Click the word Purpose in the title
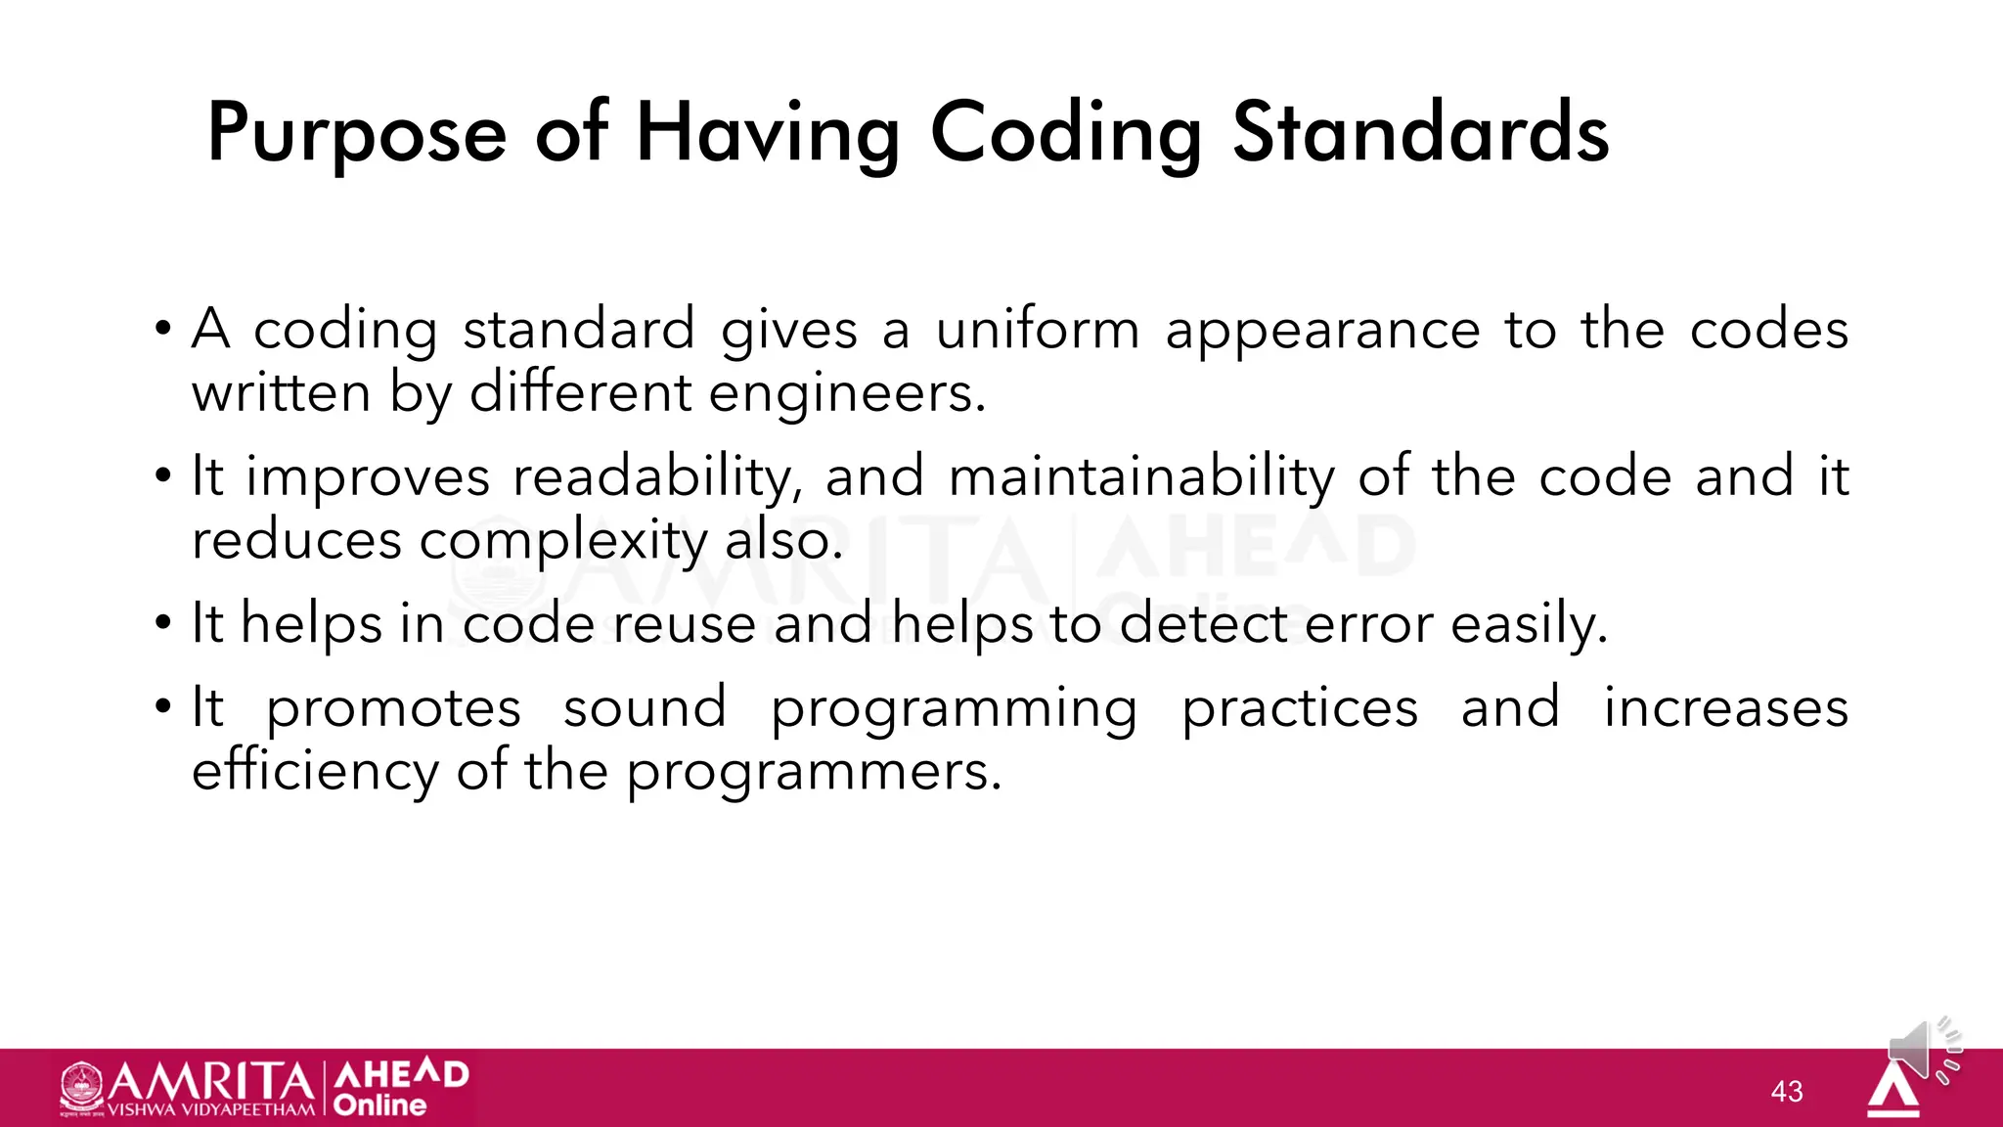[357, 134]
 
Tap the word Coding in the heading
[1065, 134]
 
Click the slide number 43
[1787, 1091]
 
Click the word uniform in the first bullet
[1038, 330]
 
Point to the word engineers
[847, 394]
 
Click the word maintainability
[1141, 478]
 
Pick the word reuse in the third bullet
[685, 624]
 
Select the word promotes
[393, 708]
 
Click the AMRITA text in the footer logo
[211, 1082]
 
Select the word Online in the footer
[380, 1105]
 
